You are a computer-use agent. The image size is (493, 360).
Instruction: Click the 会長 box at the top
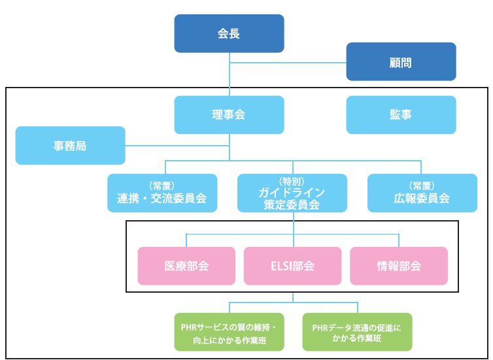(x=229, y=33)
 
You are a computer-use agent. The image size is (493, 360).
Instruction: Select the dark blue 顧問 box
(x=401, y=62)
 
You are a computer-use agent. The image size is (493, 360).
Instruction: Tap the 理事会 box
(x=229, y=115)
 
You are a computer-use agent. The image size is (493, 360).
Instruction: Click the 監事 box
(x=401, y=115)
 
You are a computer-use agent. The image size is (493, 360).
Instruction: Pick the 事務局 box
(x=70, y=145)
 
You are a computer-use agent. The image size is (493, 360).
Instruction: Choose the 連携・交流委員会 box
(x=162, y=193)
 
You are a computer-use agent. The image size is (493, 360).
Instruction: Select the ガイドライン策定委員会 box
(x=292, y=193)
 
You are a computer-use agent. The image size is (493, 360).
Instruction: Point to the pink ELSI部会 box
(x=292, y=266)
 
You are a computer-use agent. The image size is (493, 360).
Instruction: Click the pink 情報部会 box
(x=399, y=266)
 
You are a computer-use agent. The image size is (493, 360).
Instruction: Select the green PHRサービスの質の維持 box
(x=229, y=332)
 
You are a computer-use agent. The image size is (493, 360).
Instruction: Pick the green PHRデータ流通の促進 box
(x=357, y=332)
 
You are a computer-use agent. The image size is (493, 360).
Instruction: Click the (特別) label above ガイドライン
(x=292, y=181)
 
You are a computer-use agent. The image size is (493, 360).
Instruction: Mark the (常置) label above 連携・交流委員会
(x=162, y=185)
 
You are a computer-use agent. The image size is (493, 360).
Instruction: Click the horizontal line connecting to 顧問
(x=288, y=63)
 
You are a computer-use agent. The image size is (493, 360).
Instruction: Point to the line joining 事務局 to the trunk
(x=177, y=145)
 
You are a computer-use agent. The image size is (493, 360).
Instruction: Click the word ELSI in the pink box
(x=280, y=266)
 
